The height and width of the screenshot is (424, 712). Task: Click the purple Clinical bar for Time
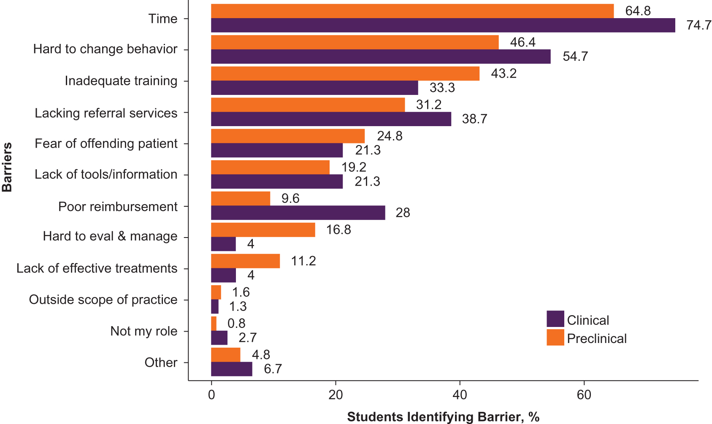point(443,25)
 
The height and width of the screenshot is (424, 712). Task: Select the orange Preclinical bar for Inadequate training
point(345,73)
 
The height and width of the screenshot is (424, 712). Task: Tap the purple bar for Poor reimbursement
point(298,213)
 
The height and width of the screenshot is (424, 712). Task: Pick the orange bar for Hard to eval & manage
point(263,230)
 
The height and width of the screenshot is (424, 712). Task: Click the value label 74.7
point(699,25)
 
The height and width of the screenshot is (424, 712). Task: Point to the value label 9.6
point(290,198)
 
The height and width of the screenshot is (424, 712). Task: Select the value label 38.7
point(474,119)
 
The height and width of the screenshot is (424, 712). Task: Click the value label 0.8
point(236,323)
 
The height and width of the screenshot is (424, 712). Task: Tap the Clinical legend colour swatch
point(555,319)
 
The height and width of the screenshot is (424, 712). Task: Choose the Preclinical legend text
point(596,338)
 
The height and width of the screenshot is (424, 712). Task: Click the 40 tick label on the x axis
point(460,395)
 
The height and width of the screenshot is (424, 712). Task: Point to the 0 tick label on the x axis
point(211,395)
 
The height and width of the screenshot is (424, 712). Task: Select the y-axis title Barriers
point(7,167)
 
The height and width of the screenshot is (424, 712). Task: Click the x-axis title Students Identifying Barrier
point(443,417)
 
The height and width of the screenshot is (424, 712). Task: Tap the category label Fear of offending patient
point(106,143)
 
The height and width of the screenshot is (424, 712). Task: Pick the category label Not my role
point(143,331)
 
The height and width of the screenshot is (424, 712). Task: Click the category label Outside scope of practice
point(103,300)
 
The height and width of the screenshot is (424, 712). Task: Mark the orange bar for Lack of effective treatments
point(245,261)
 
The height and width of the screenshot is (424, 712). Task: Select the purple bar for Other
point(231,369)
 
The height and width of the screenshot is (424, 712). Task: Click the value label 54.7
point(575,57)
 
